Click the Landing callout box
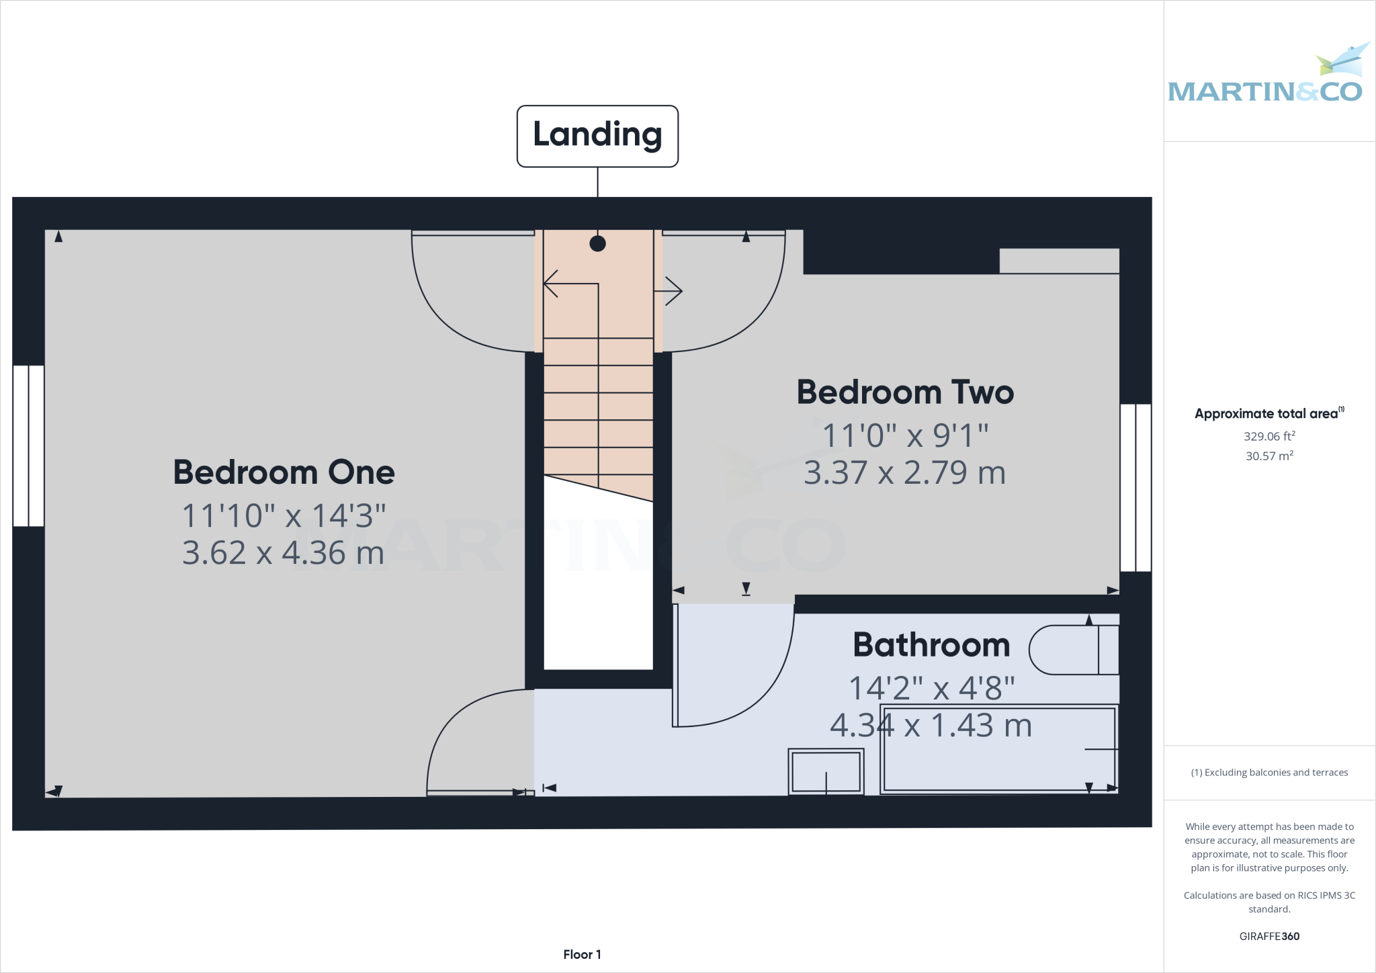(597, 136)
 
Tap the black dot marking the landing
(597, 244)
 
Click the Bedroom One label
(284, 472)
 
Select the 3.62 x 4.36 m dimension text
(283, 553)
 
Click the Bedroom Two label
(904, 392)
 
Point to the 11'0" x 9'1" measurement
(904, 435)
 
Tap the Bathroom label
(931, 645)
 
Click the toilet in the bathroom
(1072, 650)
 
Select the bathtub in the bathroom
(998, 749)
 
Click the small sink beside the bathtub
(826, 772)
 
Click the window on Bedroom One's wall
(28, 446)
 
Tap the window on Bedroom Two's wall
(1135, 487)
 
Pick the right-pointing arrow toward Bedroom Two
(672, 291)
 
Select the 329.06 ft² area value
(1268, 436)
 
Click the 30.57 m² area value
(1268, 456)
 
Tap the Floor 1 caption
(582, 954)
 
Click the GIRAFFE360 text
(1268, 936)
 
